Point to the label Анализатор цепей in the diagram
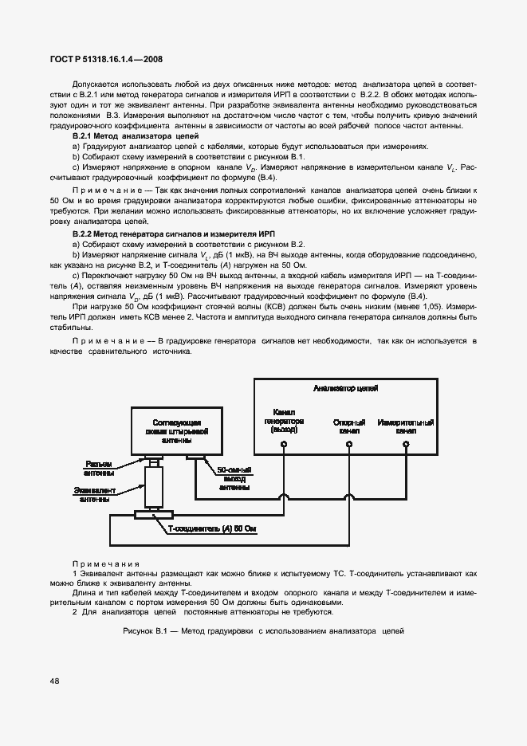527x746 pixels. pos(345,388)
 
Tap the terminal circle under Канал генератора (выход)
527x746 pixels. pos(283,442)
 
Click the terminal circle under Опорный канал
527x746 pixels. pos(348,442)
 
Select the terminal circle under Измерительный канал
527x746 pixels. pos(406,442)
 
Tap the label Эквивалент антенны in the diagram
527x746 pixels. pos(96,494)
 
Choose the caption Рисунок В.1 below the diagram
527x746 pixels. pos(264,631)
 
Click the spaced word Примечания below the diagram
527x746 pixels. pos(105,563)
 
